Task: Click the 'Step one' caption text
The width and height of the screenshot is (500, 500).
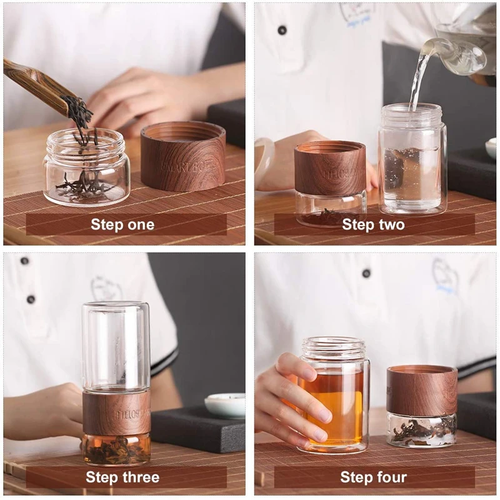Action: coord(122,225)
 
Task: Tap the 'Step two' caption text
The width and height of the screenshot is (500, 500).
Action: coord(373,225)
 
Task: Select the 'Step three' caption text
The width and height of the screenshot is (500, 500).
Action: coord(122,478)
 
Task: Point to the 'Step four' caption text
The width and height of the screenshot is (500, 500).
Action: coord(373,478)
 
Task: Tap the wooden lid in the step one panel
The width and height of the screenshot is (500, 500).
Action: coord(182,156)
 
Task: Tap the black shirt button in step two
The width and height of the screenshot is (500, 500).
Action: coord(282,30)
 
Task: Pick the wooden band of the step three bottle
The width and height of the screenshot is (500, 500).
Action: coord(116,412)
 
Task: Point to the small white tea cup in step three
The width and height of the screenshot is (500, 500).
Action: coord(225,405)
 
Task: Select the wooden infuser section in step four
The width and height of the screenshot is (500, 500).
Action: coord(421,391)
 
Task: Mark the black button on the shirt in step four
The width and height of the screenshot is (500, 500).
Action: coord(366,273)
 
